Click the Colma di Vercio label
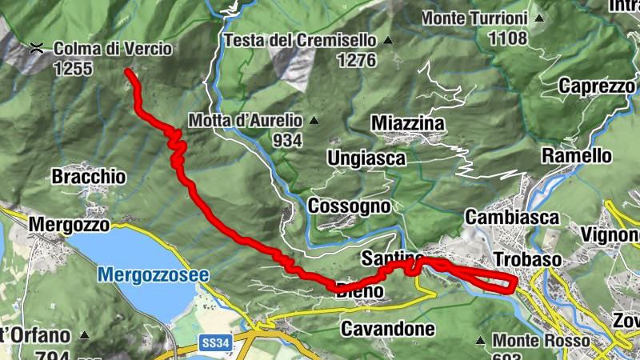[x=112, y=49]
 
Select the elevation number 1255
[x=73, y=69]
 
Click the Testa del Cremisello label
[x=300, y=40]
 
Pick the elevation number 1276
[x=357, y=59]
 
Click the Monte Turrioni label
[x=486, y=18]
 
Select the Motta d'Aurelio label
[x=246, y=121]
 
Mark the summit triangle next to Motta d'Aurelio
[x=314, y=122]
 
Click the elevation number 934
[x=286, y=141]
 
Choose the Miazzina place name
[x=407, y=123]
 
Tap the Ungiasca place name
[x=366, y=158]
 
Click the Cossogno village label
[x=349, y=206]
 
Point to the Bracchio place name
[x=90, y=176]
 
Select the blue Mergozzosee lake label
[x=153, y=275]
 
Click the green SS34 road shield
[x=215, y=342]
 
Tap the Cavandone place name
[x=388, y=329]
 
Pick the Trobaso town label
[x=529, y=260]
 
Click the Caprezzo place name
[x=598, y=86]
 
